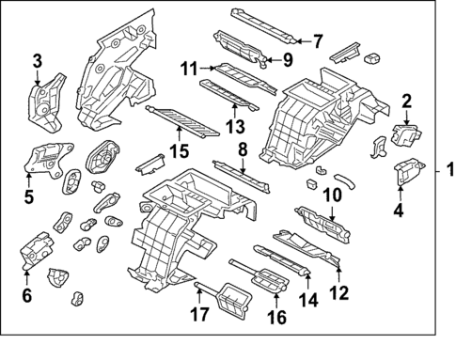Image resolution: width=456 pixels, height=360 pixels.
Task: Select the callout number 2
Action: coord(407,101)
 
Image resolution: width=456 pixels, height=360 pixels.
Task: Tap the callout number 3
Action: coord(38,62)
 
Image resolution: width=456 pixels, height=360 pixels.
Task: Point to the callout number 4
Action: coord(399,211)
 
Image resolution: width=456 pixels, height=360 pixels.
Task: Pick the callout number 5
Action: coord(28,196)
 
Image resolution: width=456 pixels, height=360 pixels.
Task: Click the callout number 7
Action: coord(317,41)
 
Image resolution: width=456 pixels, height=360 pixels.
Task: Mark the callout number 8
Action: coord(242,149)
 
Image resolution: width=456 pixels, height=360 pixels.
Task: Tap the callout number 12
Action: coord(339,292)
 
